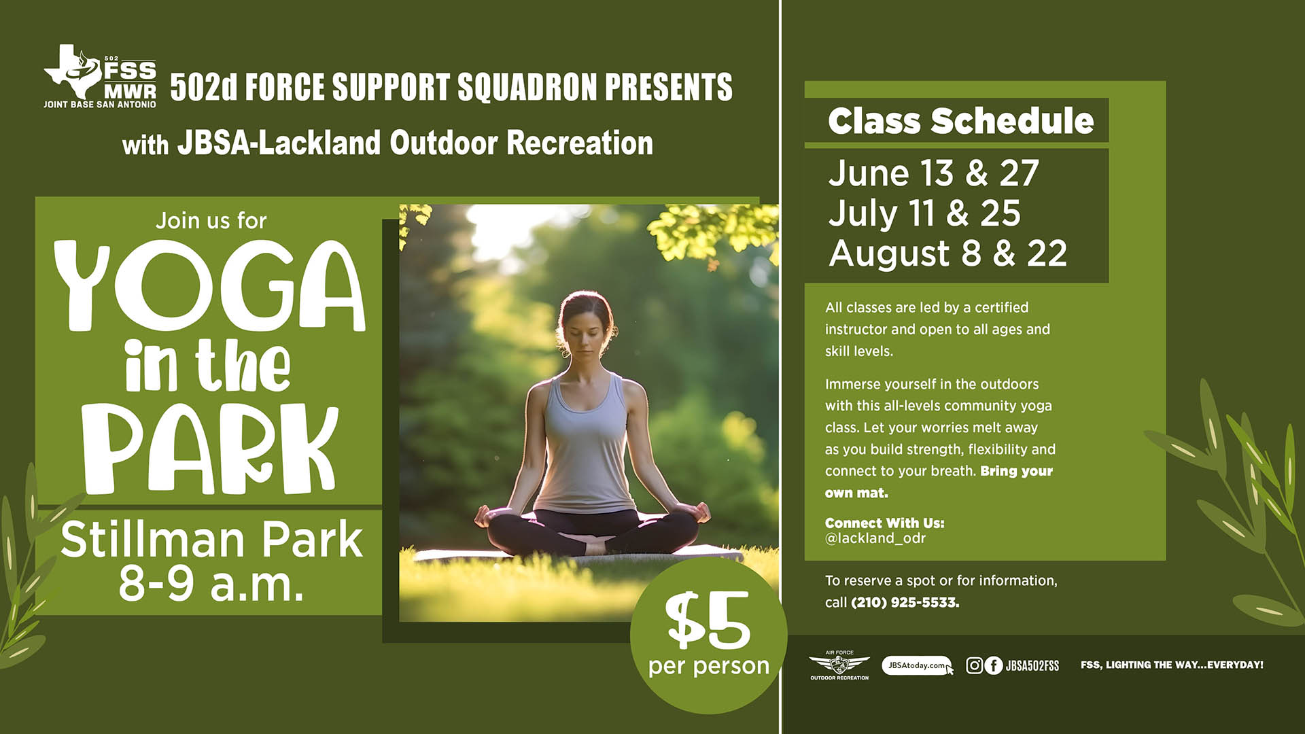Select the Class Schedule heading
pos(960,121)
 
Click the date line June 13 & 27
pos(934,173)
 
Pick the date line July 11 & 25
pos(924,213)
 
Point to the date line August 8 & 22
pos(948,254)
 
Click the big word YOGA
pos(209,285)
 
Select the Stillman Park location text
pos(211,540)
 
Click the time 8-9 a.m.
pos(211,583)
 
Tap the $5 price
pos(708,620)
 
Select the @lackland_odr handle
pos(875,538)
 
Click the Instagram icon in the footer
pos(974,665)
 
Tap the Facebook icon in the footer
pos(994,665)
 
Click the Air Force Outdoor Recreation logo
pos(839,665)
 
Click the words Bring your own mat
pos(939,482)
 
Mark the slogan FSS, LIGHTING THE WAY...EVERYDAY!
pos(1172,665)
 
